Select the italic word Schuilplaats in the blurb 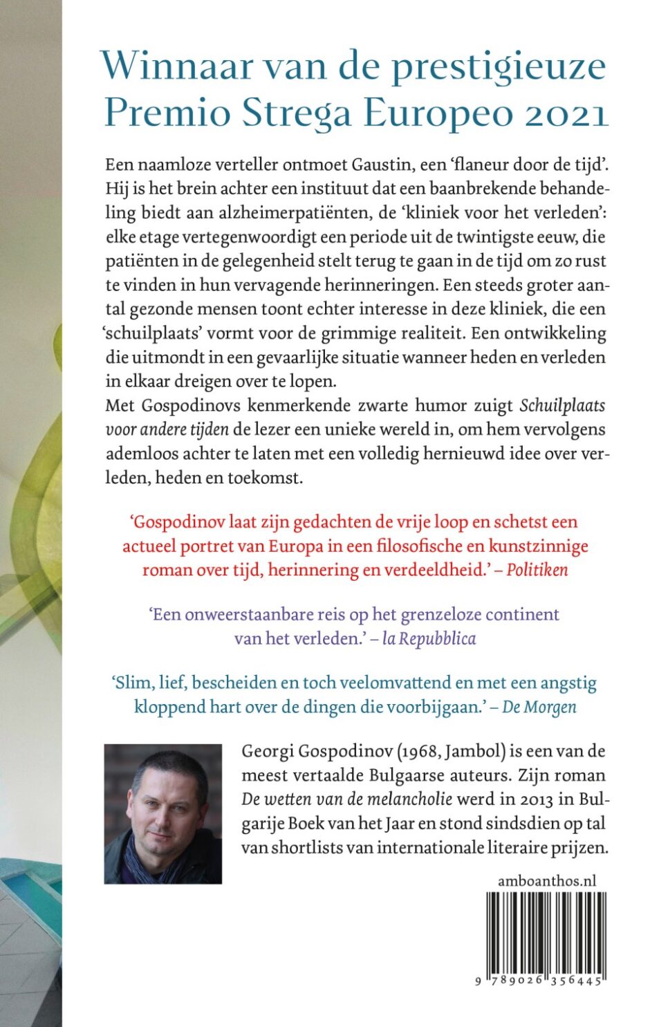pyautogui.click(x=562, y=405)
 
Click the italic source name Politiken pyautogui.click(x=537, y=570)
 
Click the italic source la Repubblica pyautogui.click(x=429, y=638)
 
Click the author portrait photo pyautogui.click(x=163, y=814)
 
